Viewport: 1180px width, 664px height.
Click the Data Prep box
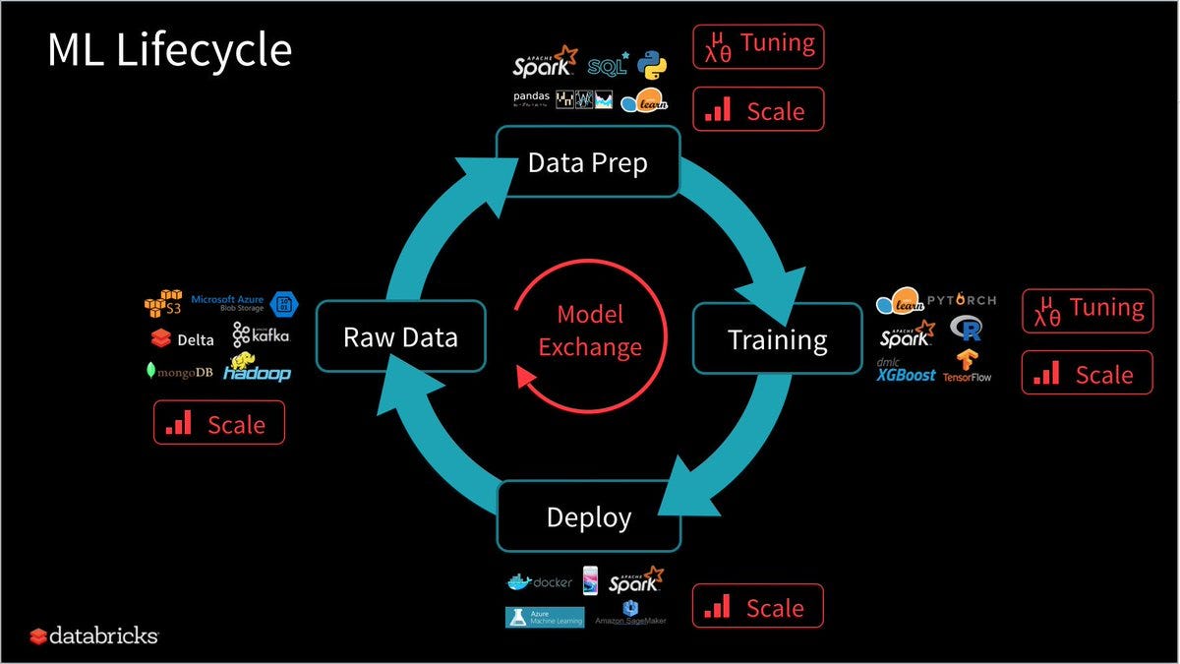click(x=587, y=162)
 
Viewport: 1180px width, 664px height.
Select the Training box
click(x=777, y=339)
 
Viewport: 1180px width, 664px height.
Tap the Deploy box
click(x=588, y=516)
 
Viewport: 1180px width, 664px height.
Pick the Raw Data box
click(x=400, y=337)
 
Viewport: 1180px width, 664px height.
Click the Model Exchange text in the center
click(x=590, y=331)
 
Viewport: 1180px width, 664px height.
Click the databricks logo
click(x=93, y=635)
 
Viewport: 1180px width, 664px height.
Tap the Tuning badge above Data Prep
click(x=758, y=45)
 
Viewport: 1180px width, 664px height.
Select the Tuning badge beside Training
click(x=1087, y=310)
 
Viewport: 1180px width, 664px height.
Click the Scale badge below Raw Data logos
click(x=218, y=423)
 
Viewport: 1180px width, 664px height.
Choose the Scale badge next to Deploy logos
click(x=757, y=607)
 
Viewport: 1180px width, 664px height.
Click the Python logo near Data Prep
click(x=651, y=64)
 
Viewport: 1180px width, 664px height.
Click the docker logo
click(x=539, y=582)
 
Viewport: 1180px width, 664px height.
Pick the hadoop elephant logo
click(x=257, y=369)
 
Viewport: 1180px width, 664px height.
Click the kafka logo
click(x=262, y=335)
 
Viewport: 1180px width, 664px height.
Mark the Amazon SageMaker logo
click(x=630, y=616)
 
